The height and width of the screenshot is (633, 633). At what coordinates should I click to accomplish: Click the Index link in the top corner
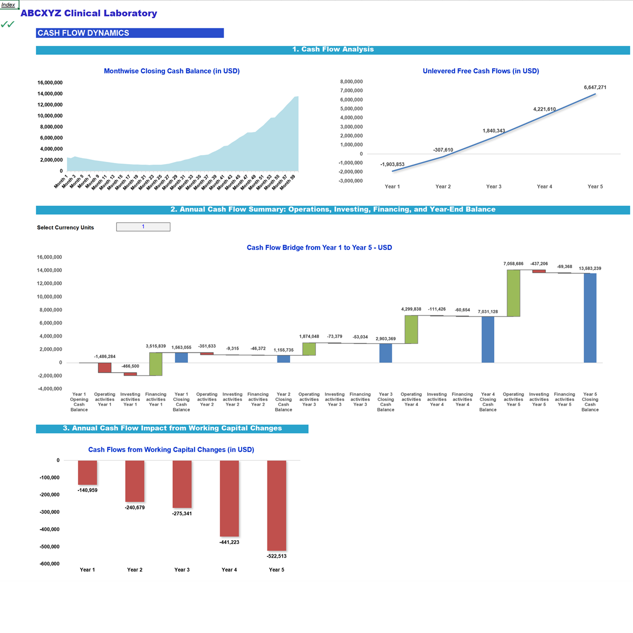8,5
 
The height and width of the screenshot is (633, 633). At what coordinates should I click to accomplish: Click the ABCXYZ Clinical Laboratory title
89,13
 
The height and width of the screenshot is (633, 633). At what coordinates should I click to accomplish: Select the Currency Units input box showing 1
143,227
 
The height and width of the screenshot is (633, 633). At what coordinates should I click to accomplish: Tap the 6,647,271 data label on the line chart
594,88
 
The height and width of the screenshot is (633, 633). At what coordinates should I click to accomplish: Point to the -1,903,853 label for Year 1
392,165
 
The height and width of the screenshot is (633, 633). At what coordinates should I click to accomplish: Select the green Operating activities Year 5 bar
513,293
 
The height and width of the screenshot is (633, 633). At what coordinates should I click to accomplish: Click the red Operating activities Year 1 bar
104,368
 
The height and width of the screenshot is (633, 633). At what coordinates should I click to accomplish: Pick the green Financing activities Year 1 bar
156,364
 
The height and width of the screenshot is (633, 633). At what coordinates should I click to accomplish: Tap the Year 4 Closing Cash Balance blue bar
488,339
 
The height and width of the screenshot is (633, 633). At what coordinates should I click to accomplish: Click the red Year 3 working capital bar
182,484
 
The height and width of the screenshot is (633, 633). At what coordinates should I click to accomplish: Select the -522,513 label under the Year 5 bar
276,556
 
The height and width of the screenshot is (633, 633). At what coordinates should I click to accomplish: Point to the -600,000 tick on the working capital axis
50,564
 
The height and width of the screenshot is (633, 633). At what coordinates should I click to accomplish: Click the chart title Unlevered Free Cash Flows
481,71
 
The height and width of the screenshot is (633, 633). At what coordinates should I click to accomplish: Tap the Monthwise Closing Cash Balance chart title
171,71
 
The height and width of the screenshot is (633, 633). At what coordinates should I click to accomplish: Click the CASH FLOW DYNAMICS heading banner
130,33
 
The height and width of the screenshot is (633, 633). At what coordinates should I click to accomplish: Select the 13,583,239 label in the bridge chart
590,268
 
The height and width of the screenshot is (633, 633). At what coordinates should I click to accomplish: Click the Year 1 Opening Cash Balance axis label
79,402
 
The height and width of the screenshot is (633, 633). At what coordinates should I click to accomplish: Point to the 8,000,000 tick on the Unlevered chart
351,82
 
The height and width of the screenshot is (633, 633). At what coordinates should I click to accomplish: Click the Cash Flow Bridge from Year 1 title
319,247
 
